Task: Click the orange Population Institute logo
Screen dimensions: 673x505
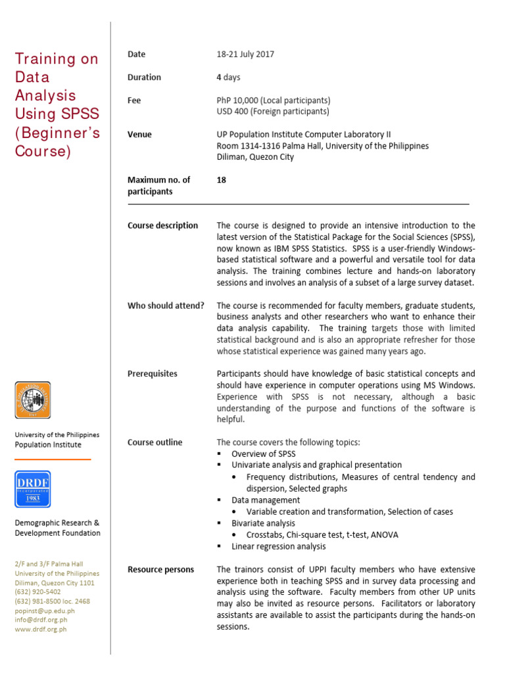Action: [x=33, y=400]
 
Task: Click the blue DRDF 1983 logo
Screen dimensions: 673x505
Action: [x=33, y=489]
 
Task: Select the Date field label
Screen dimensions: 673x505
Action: [x=137, y=55]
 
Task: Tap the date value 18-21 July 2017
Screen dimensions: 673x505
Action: [x=245, y=55]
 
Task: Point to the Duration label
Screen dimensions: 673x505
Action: [x=144, y=78]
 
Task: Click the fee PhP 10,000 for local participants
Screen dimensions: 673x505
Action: [x=273, y=101]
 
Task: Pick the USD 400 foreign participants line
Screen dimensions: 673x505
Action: [x=273, y=112]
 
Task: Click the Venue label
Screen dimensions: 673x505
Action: [x=139, y=135]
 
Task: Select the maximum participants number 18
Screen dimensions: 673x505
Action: [x=222, y=179]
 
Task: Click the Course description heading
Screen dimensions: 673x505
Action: [x=162, y=225]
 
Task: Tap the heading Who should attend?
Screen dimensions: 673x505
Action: [x=166, y=306]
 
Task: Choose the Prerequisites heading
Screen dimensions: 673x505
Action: [x=153, y=374]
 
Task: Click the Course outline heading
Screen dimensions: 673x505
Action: [x=155, y=442]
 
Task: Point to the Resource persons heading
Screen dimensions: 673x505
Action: [x=161, y=570]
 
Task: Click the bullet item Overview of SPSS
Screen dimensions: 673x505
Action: [x=263, y=454]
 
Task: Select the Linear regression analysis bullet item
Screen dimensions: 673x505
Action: [x=278, y=546]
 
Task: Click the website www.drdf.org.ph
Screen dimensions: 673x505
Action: [x=41, y=629]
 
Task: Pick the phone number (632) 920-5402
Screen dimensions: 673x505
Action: [x=38, y=592]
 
